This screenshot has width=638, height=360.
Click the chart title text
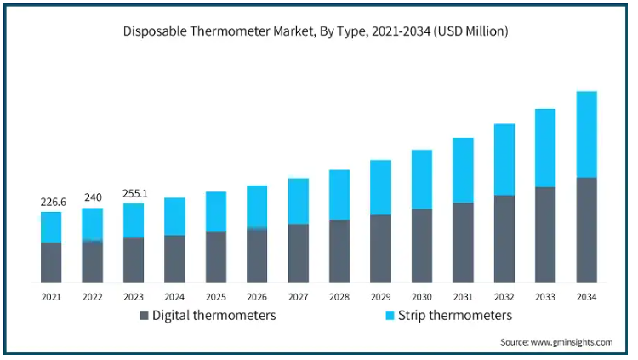(316, 31)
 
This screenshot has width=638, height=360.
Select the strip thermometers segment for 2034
(586, 134)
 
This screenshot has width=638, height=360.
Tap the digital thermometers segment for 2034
(586, 230)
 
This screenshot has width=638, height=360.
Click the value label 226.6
(52, 202)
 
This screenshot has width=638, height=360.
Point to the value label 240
(93, 197)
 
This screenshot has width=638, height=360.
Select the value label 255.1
(134, 193)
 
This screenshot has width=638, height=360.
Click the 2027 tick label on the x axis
(298, 297)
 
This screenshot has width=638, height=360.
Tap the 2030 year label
(422, 297)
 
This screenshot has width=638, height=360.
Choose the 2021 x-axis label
(51, 297)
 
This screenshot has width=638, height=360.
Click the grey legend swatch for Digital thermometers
(144, 316)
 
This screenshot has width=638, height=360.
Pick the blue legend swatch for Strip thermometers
(390, 316)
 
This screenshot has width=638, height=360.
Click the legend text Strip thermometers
(456, 316)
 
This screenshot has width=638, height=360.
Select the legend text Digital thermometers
(214, 316)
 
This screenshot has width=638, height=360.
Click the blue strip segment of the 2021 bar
(51, 227)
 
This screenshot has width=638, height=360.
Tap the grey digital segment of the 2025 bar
(216, 256)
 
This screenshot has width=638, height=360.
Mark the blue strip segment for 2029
(380, 187)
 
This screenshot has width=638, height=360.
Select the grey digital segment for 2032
(504, 238)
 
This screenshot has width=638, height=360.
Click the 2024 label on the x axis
(174, 297)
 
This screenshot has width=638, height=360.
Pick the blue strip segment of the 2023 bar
(134, 220)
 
